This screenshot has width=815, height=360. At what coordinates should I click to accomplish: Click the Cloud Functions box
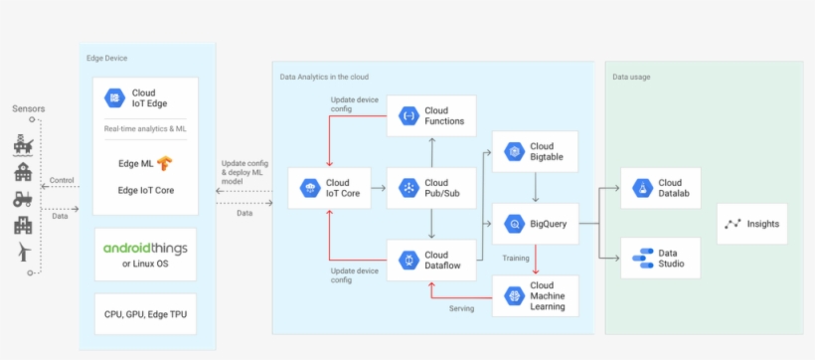click(431, 116)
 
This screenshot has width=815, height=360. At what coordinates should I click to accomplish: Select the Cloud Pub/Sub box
click(431, 188)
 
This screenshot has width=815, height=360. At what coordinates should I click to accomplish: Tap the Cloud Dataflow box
click(431, 260)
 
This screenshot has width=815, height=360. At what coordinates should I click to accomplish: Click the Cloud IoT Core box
click(329, 188)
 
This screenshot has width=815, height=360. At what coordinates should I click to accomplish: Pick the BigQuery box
click(536, 224)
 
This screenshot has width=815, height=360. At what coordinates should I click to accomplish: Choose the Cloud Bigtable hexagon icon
click(514, 151)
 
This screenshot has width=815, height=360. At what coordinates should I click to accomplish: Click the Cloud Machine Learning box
click(536, 295)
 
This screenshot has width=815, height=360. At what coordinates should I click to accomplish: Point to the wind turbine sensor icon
click(23, 253)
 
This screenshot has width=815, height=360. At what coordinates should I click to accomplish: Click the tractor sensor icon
click(23, 198)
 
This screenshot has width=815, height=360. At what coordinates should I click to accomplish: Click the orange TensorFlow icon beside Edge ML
click(164, 163)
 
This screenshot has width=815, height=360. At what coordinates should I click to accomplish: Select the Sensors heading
click(28, 108)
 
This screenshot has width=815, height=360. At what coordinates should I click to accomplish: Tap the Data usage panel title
click(631, 76)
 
